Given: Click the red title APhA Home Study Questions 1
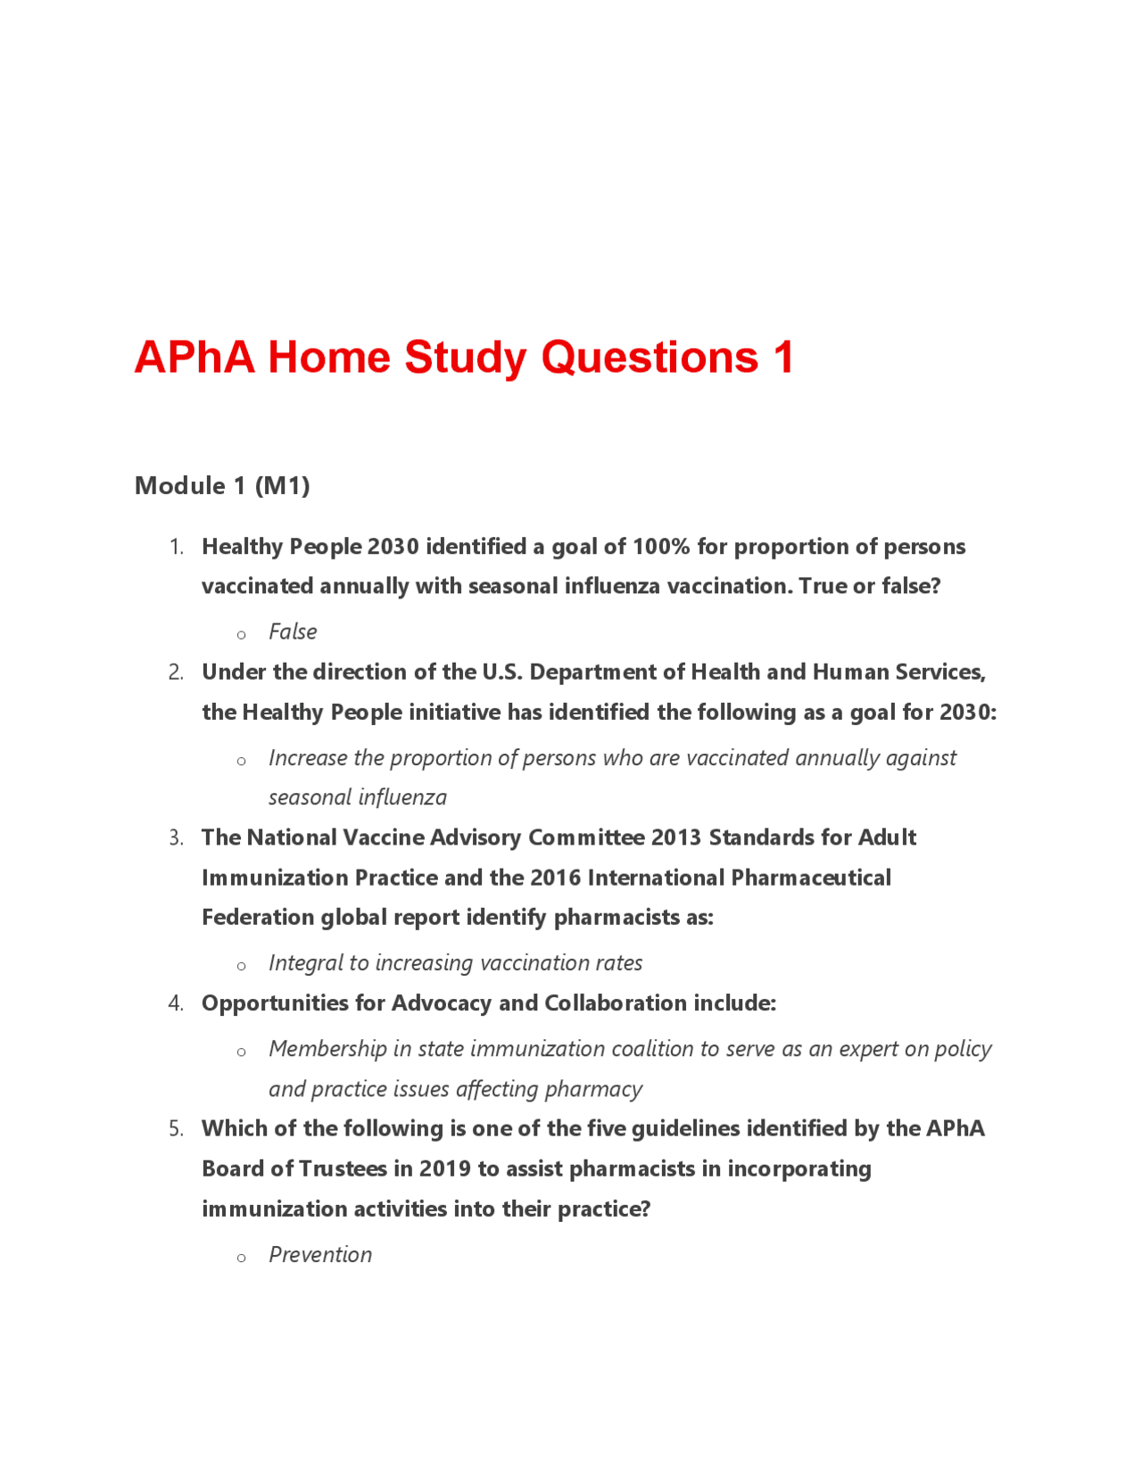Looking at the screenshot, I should (463, 358).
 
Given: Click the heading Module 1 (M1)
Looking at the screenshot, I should (222, 486).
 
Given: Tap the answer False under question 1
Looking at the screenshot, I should (293, 631).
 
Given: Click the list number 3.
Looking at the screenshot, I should (176, 838).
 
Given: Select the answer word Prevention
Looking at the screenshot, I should (320, 1255).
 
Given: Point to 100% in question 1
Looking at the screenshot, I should (661, 547).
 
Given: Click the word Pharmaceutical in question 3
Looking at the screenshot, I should (810, 878).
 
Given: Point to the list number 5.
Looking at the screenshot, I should (176, 1129).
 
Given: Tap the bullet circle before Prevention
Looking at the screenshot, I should (241, 1258).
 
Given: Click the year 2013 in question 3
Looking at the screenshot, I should (676, 838).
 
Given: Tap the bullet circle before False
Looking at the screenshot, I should (241, 635).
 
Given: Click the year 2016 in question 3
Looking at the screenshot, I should (555, 878).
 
